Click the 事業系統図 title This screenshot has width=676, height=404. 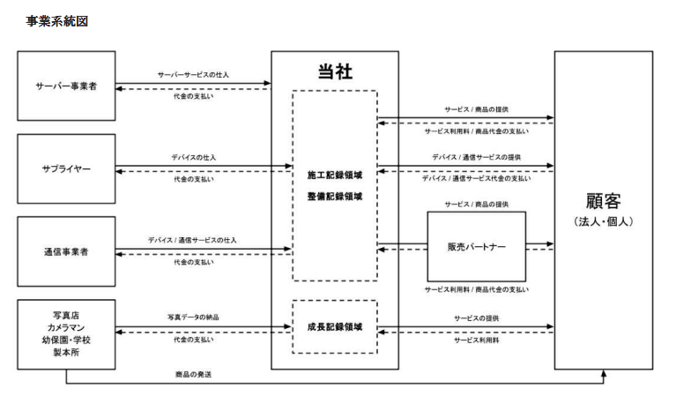[57, 21]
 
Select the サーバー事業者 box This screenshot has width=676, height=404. [66, 86]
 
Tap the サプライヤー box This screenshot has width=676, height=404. [66, 168]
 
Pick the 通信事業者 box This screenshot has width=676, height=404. [66, 251]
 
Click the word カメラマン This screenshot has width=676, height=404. [66, 327]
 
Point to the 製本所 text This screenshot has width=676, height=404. [66, 352]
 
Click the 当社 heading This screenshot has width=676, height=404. [335, 71]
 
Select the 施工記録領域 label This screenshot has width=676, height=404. [335, 176]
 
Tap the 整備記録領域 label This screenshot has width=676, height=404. [335, 197]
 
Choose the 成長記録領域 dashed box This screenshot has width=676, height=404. [335, 327]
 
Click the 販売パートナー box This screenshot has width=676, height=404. [477, 246]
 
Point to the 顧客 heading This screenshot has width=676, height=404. [603, 201]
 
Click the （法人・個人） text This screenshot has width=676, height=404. [603, 222]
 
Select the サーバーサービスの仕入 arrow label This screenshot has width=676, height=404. [193, 75]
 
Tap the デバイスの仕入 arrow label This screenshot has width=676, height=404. [194, 158]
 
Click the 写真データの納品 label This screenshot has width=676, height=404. [193, 318]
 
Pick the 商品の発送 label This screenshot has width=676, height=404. [193, 375]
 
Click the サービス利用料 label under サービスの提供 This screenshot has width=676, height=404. [477, 340]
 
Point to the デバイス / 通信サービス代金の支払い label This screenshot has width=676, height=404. [477, 178]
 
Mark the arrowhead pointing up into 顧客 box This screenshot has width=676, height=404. [604, 373]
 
